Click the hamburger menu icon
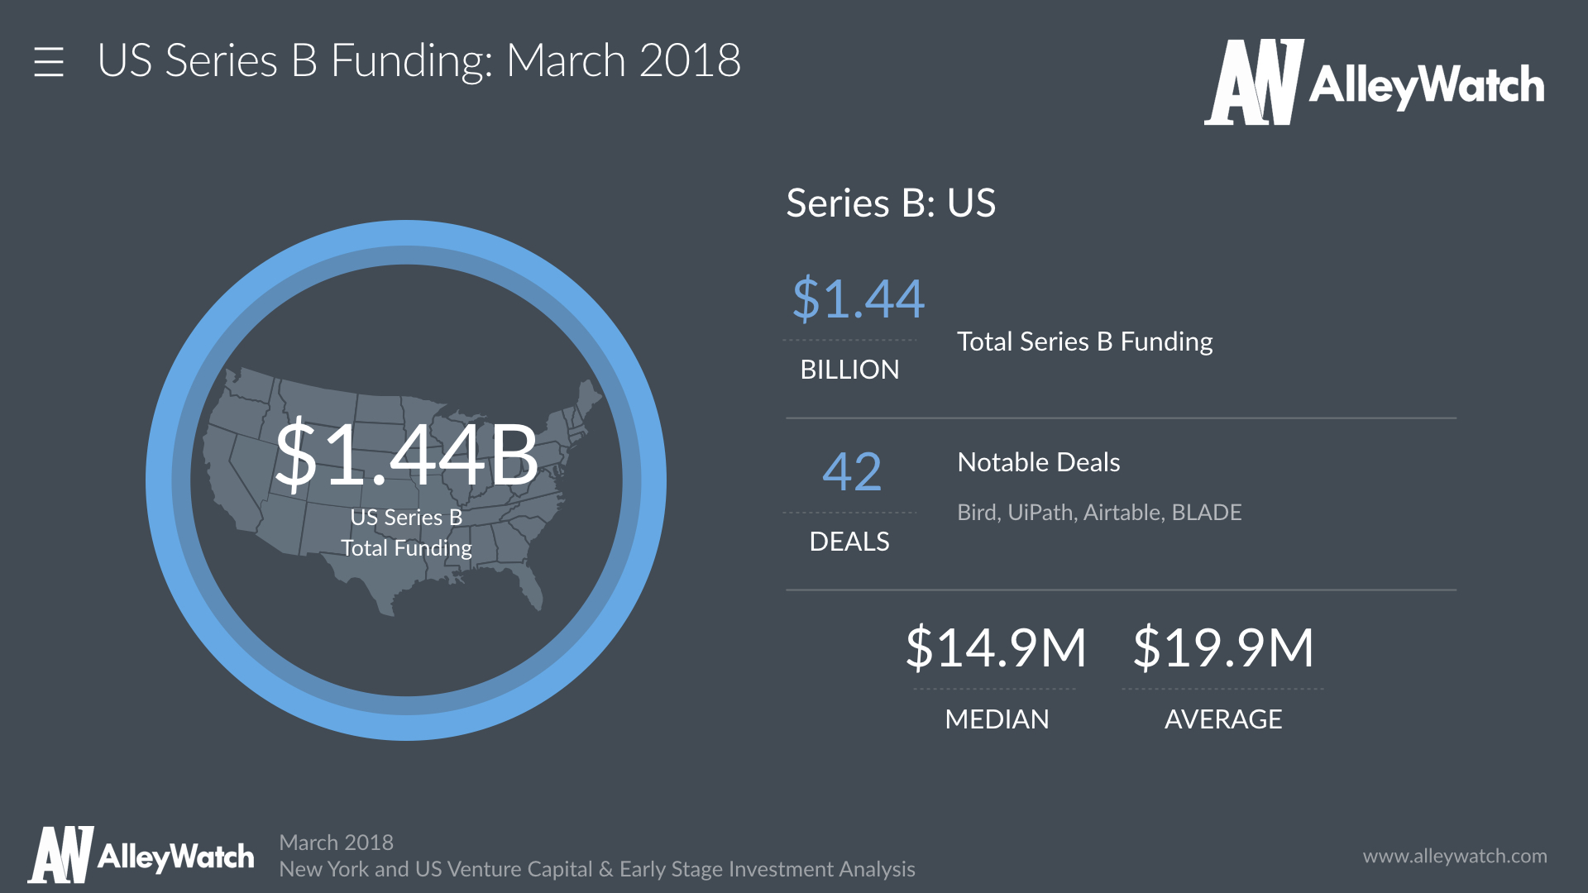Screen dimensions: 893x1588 [x=49, y=62]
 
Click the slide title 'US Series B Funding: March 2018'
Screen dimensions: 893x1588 [x=419, y=61]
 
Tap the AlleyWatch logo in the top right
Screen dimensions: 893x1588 [x=1374, y=83]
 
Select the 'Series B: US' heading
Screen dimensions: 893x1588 [x=891, y=203]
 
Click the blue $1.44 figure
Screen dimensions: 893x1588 [x=858, y=298]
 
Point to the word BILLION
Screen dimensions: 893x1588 [x=849, y=370]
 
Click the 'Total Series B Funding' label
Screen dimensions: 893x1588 [x=1084, y=341]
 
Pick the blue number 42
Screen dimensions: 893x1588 [x=852, y=472]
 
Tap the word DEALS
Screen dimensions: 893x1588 [x=849, y=542]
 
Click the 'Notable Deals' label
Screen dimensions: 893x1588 [x=1038, y=462]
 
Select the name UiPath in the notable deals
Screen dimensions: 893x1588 [x=1042, y=513]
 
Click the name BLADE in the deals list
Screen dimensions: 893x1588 [x=1207, y=513]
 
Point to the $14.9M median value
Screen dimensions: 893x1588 [x=996, y=647]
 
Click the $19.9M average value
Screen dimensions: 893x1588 [x=1223, y=647]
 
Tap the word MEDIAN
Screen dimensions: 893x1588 [x=997, y=719]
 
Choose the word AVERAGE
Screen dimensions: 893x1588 [x=1223, y=719]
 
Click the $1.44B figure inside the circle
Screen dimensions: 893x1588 [x=406, y=455]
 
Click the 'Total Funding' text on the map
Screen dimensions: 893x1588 [x=406, y=548]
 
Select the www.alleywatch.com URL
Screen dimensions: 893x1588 [x=1455, y=857]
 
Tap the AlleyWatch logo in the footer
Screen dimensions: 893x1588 [x=141, y=856]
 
